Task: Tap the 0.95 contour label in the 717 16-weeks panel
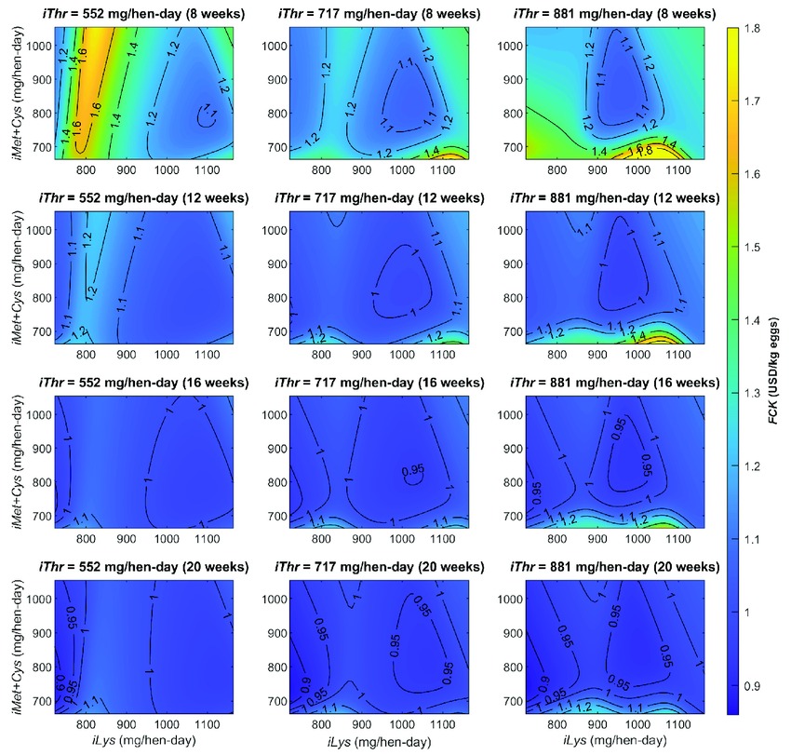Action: tap(412, 470)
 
